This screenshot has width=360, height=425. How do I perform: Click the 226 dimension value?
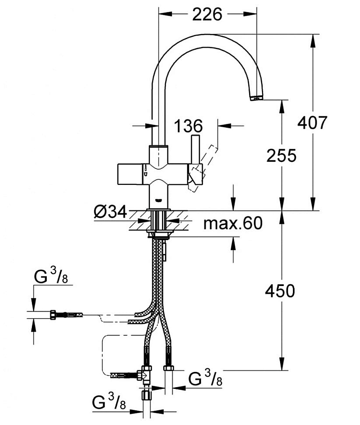click(x=207, y=14)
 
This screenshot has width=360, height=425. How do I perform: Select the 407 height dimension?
click(x=312, y=122)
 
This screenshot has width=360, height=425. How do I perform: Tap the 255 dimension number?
click(x=281, y=156)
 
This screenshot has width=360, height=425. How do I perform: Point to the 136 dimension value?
click(x=188, y=126)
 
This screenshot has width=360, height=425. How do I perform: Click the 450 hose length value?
click(x=280, y=291)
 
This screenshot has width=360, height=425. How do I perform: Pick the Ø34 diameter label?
click(x=111, y=212)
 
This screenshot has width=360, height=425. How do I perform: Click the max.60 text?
click(x=233, y=223)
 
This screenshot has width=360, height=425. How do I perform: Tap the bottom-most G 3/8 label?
click(x=109, y=402)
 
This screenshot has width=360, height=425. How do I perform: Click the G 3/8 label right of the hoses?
click(x=205, y=378)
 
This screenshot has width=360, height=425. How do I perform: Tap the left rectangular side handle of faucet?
click(x=129, y=174)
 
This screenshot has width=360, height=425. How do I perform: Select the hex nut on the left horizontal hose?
click(x=53, y=315)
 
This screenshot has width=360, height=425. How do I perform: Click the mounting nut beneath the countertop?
click(x=159, y=234)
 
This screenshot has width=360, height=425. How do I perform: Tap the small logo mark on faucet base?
click(x=158, y=201)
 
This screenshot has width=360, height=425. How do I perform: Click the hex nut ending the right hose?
click(x=169, y=368)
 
